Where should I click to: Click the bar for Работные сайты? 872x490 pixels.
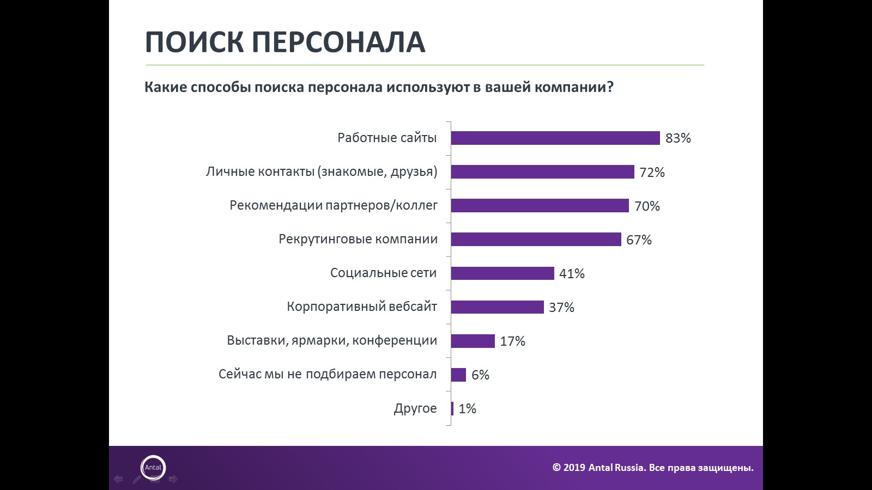555,138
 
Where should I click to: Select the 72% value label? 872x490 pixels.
652,173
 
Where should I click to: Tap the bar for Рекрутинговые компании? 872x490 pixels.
536,240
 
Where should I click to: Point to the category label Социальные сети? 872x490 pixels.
383,273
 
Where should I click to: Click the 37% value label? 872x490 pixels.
561,308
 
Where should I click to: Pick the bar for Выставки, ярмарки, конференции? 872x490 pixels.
473,341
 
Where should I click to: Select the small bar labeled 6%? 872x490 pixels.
458,375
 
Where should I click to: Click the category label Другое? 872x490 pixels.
415,408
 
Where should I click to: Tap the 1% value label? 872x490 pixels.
467,409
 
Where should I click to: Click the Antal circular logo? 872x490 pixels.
153,468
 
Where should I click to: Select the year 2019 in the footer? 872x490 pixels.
574,468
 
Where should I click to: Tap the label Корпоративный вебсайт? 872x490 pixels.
361,307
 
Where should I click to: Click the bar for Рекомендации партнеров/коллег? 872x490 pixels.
540,206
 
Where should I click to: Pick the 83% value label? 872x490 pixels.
678,138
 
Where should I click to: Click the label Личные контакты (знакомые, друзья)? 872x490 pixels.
321,172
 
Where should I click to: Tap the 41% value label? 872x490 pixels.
572,274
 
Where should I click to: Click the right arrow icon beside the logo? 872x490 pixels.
173,479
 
